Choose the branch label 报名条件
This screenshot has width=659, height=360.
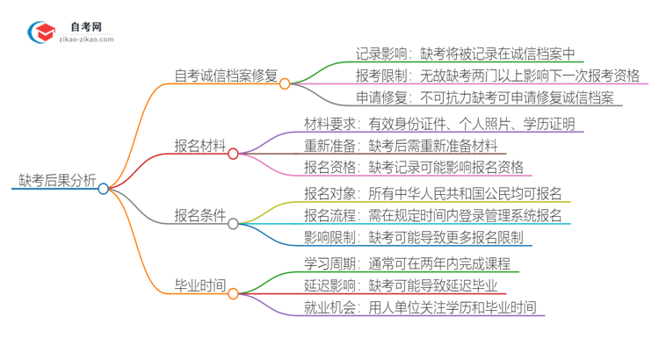pos(200,215)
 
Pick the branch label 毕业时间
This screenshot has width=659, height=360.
pos(200,285)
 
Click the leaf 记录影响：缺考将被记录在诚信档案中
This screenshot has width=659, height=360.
pos(465,54)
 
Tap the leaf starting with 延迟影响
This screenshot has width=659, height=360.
pos(401,285)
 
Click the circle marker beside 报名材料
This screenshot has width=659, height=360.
pos(233,154)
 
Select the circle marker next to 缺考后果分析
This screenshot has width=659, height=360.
pos(104,189)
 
